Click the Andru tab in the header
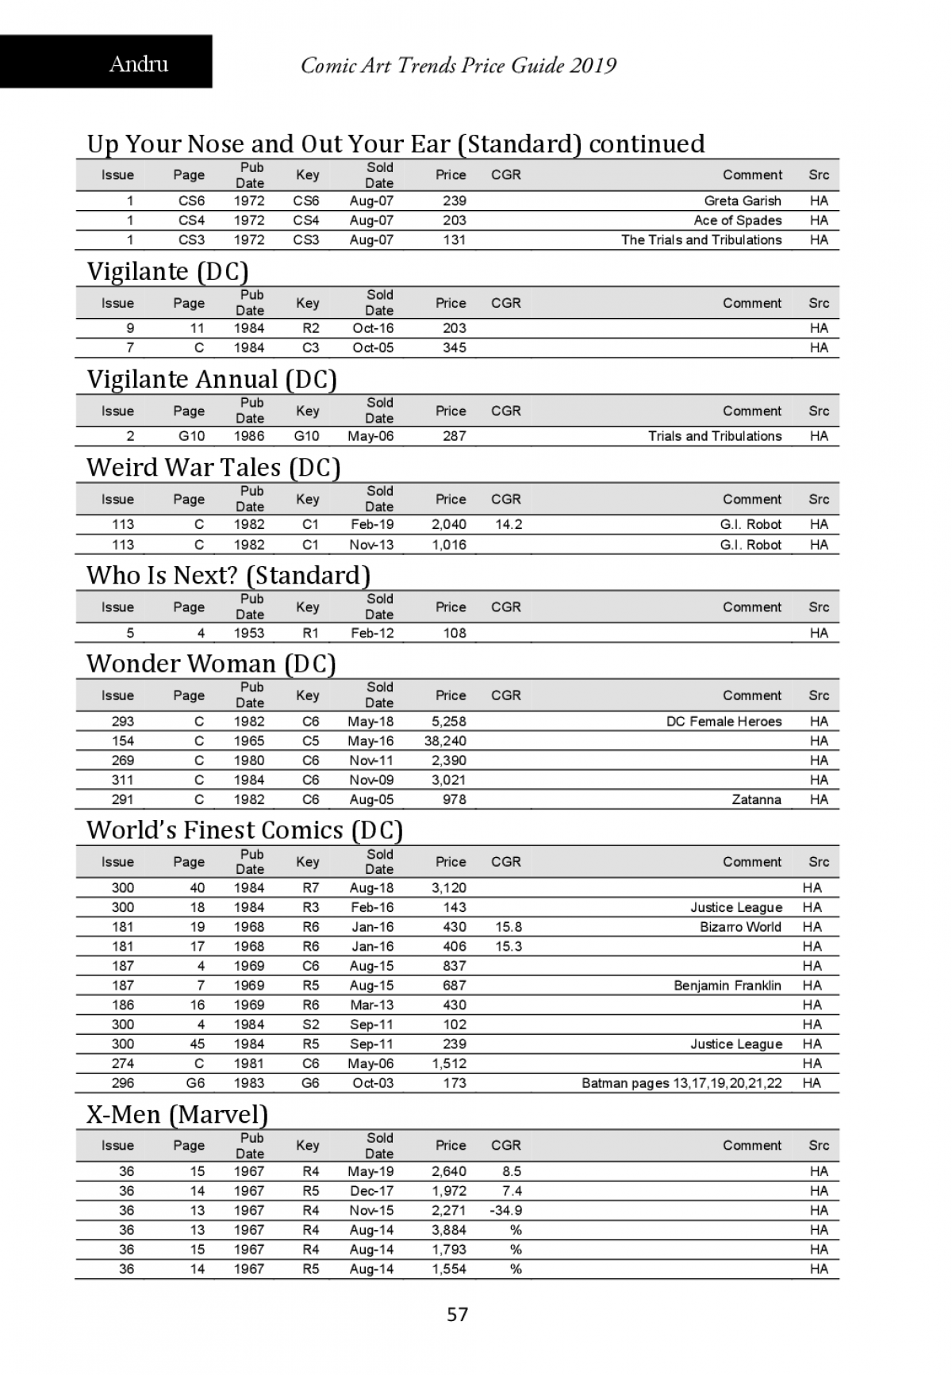pyautogui.click(x=139, y=63)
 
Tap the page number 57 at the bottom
pyautogui.click(x=458, y=1314)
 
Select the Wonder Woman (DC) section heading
pyautogui.click(x=211, y=663)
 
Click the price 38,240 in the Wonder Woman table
pyautogui.click(x=446, y=741)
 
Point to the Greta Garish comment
pyautogui.click(x=743, y=201)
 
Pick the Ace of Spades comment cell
pyautogui.click(x=738, y=220)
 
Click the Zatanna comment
pyautogui.click(x=756, y=799)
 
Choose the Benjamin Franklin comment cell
pyautogui.click(x=727, y=986)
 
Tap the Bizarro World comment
pyautogui.click(x=740, y=927)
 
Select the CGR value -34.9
pyautogui.click(x=506, y=1210)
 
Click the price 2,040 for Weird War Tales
pyautogui.click(x=449, y=524)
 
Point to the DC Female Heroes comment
pyautogui.click(x=724, y=722)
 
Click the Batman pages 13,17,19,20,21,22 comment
pyautogui.click(x=681, y=1083)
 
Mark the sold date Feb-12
pyautogui.click(x=372, y=633)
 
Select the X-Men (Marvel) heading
pyautogui.click(x=177, y=1114)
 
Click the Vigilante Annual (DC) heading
pyautogui.click(x=212, y=379)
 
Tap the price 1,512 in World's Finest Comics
pyautogui.click(x=449, y=1063)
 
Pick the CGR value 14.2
pyautogui.click(x=509, y=524)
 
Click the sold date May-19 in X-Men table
pyautogui.click(x=370, y=1171)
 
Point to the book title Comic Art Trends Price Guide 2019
pyautogui.click(x=459, y=65)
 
